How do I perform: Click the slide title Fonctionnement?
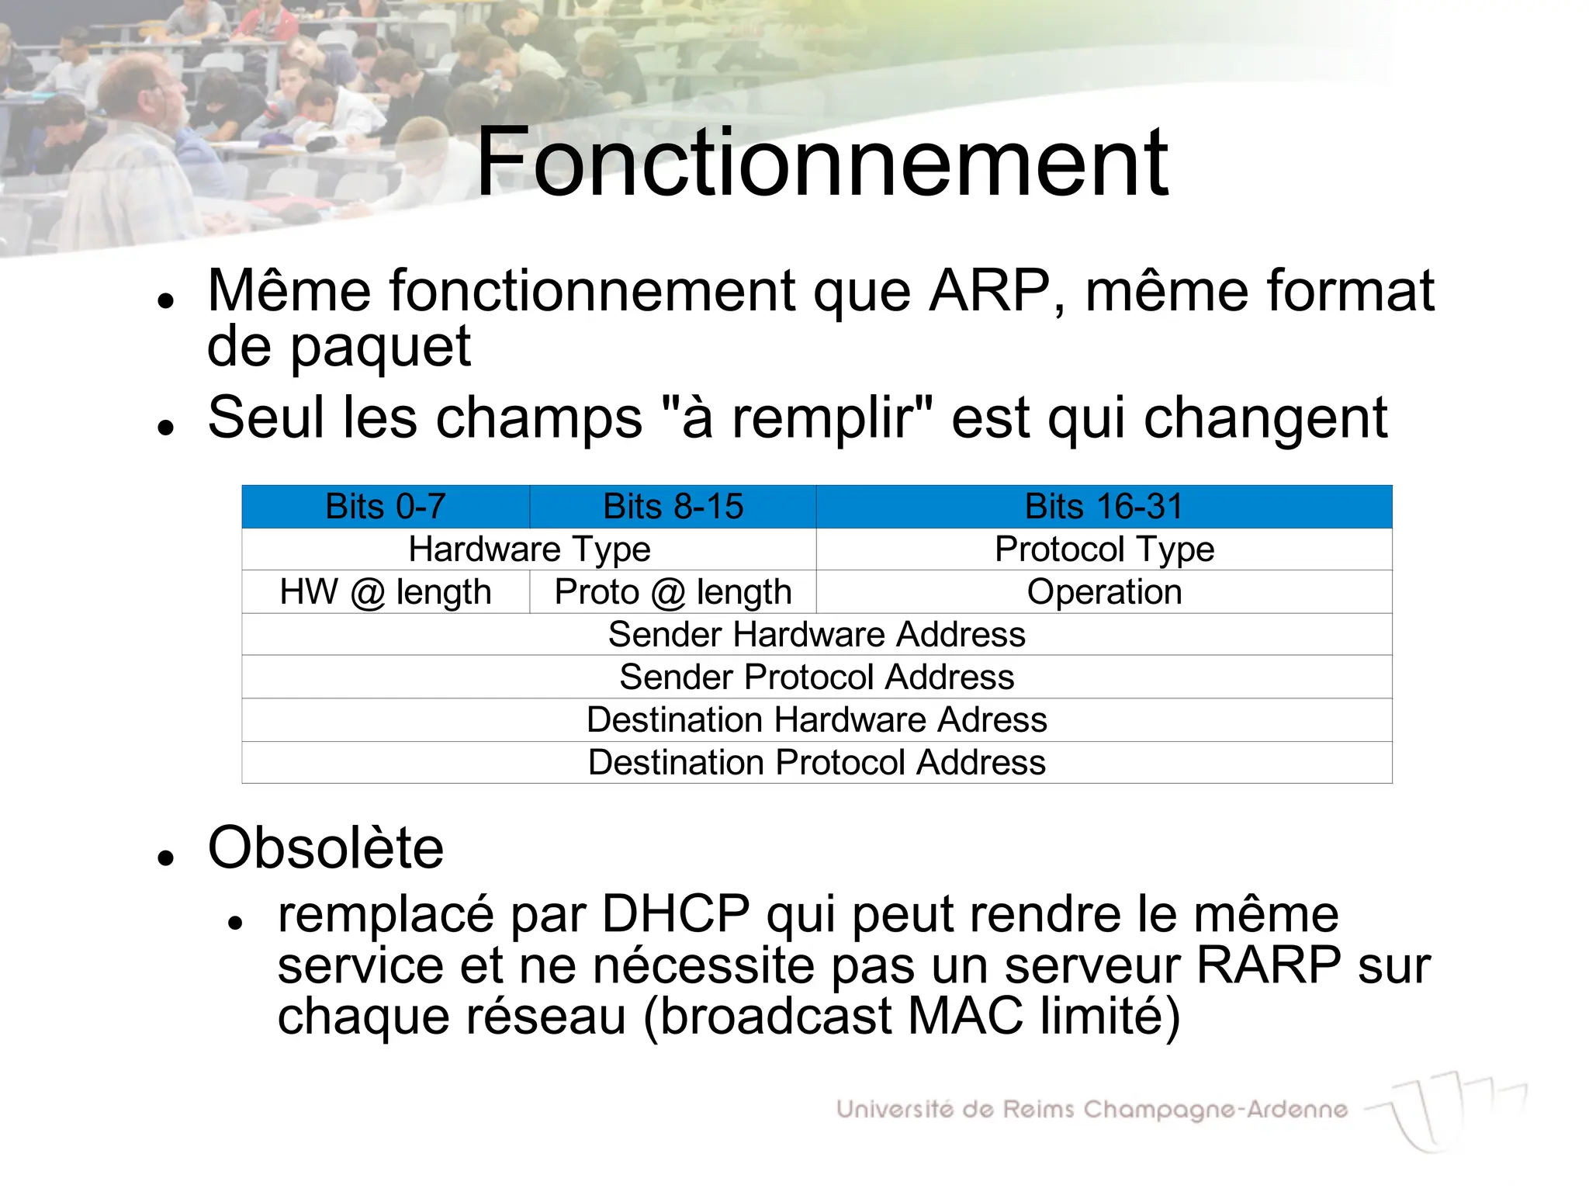821,163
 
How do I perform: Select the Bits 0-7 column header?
386,507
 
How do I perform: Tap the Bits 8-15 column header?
673,507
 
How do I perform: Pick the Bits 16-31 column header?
1103,507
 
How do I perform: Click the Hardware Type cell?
529,549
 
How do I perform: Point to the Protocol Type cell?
1103,549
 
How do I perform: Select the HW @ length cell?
386,592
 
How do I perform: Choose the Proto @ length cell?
673,592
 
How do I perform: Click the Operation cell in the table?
1103,592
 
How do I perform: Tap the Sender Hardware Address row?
816,635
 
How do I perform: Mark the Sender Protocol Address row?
816,677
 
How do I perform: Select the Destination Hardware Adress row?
816,720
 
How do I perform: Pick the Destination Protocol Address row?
816,763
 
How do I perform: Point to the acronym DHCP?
675,914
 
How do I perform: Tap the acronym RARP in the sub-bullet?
1269,965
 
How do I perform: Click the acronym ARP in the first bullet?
989,291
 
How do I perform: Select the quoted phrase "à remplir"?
799,418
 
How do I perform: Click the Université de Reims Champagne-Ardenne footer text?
1092,1109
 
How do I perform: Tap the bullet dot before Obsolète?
164,858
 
